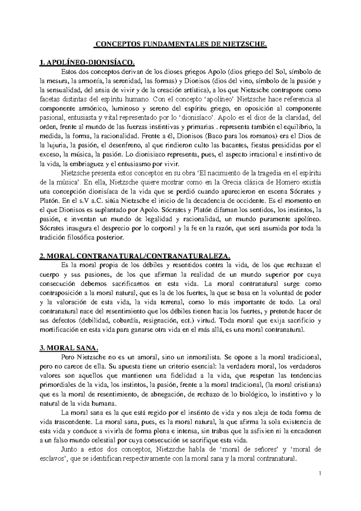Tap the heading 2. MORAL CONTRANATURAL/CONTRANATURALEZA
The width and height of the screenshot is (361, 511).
(135, 256)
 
